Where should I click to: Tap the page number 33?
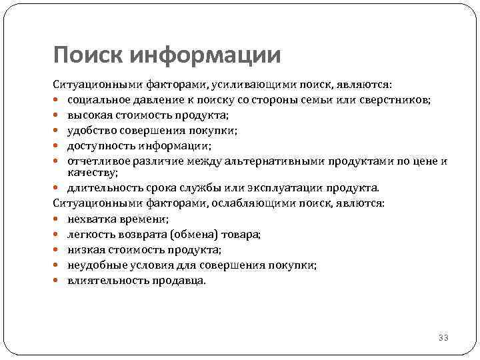(x=443, y=338)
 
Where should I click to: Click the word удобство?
(x=89, y=131)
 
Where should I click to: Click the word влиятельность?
(x=101, y=280)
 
